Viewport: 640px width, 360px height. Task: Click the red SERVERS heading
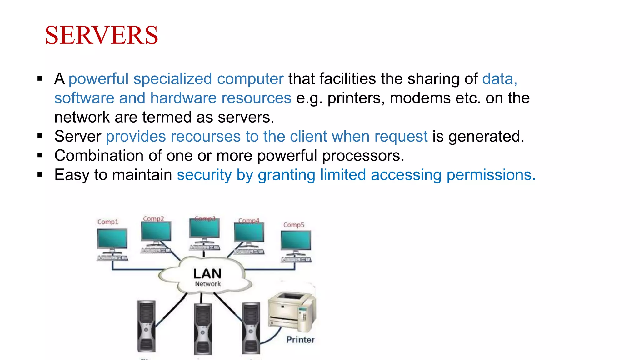[102, 35]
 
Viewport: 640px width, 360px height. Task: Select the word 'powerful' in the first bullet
[98, 79]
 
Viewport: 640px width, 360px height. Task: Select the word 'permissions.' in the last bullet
[491, 175]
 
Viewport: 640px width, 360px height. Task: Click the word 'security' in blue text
[204, 175]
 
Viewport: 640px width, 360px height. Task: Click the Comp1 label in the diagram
[108, 222]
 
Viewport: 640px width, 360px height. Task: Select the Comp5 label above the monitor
[293, 225]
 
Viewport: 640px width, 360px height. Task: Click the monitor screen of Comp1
[112, 239]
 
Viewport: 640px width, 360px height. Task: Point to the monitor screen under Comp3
[204, 228]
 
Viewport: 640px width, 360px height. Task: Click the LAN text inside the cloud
[207, 274]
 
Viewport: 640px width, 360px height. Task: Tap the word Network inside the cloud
[208, 284]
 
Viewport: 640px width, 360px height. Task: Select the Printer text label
[300, 340]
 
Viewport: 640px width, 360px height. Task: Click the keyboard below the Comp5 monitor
[296, 259]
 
